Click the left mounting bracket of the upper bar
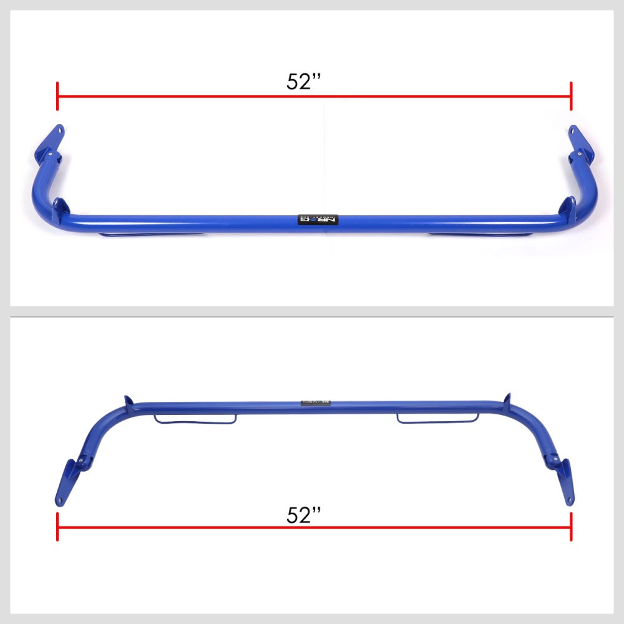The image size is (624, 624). tap(54, 137)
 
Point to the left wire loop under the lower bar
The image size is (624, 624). tap(195, 419)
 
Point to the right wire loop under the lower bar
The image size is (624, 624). tap(438, 418)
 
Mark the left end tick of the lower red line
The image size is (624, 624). tap(57, 527)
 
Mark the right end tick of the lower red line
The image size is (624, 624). tap(571, 527)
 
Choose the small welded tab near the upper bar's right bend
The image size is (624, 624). tap(568, 206)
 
